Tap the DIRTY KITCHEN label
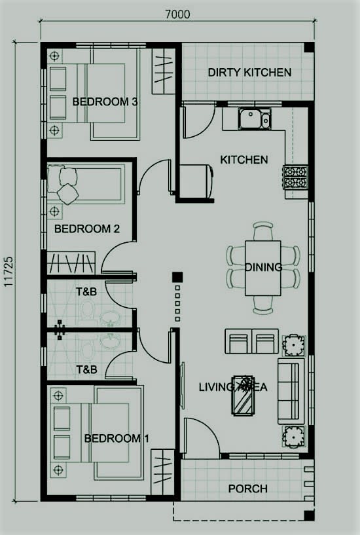click(249, 72)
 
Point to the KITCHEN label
click(243, 160)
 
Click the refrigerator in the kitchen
click(194, 180)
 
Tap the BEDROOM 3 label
click(105, 101)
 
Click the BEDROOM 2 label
click(86, 229)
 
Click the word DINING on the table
click(263, 267)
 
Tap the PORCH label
click(247, 489)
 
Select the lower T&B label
click(86, 370)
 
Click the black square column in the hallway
click(175, 277)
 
